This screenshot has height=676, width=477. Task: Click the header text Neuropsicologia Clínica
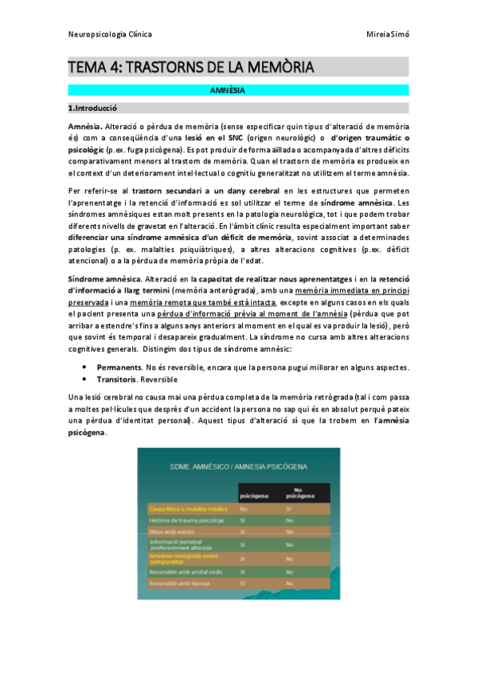tap(110, 34)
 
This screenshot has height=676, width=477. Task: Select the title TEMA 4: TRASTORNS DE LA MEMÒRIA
tap(191, 67)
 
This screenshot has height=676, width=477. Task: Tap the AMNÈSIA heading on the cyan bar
tap(238, 91)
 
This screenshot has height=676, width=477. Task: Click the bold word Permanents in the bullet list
tap(119, 367)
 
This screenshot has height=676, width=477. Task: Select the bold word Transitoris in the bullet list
tap(116, 379)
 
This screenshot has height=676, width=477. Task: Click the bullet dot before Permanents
tap(84, 367)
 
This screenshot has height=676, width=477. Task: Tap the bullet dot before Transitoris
tap(84, 379)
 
